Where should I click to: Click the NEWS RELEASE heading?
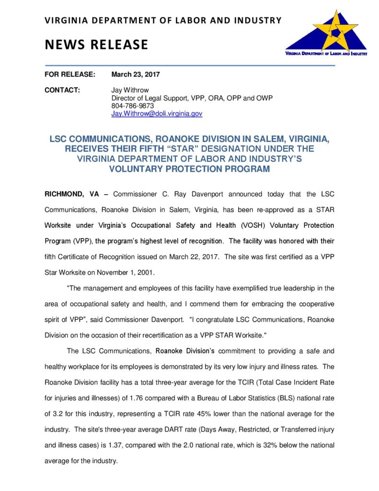coord(96,45)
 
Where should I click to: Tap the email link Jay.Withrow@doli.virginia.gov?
coord(157,114)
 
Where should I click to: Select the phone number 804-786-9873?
coord(133,106)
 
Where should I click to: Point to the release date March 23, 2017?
coord(136,74)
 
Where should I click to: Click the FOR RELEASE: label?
coord(70,74)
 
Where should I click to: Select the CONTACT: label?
coord(62,90)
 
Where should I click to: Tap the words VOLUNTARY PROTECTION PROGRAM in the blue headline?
coord(189,169)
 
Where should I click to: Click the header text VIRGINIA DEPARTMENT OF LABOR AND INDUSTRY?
coord(163,21)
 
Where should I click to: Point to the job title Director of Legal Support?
coord(153,98)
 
